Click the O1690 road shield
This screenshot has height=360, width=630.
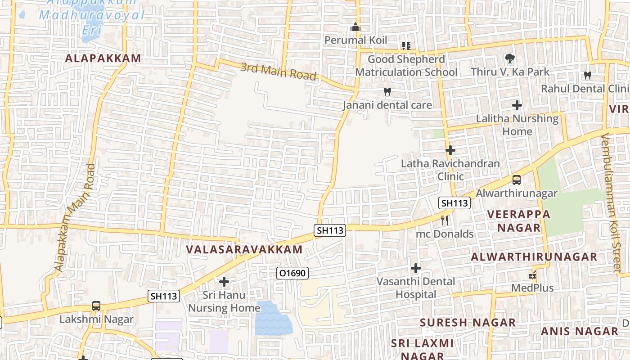tap(292, 273)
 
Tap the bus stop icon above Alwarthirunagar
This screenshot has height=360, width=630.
tap(517, 180)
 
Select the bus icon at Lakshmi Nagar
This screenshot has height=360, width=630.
tap(96, 306)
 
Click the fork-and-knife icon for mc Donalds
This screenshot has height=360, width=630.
tap(445, 220)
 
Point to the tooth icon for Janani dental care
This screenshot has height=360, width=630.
tap(387, 92)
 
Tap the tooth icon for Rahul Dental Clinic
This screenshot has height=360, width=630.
tap(587, 75)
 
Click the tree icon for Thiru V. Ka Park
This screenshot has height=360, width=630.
tap(510, 58)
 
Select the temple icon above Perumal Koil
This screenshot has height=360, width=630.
tap(355, 27)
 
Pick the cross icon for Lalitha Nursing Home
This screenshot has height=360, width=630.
tap(517, 105)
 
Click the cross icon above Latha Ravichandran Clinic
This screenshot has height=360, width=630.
tap(450, 150)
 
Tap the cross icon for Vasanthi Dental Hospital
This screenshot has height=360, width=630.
tap(416, 269)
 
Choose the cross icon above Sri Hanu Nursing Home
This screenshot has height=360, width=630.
tap(224, 282)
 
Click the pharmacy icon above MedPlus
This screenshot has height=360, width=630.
tap(533, 275)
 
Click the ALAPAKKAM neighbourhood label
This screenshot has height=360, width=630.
tap(103, 58)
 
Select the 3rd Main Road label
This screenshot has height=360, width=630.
tap(279, 72)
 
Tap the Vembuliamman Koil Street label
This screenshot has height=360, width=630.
tap(616, 202)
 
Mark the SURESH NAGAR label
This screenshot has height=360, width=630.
tap(468, 323)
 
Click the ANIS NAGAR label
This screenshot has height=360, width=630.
tap(580, 332)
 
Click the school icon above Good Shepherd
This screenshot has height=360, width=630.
tap(406, 46)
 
